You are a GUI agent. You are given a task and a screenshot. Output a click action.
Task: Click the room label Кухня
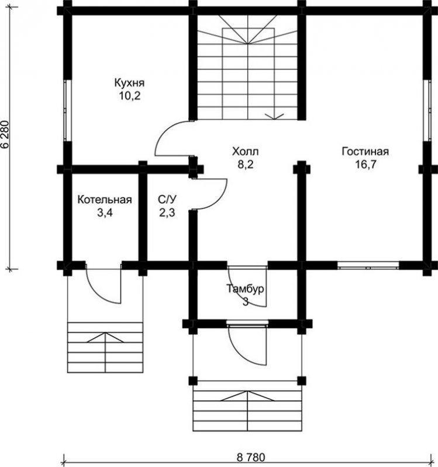[129, 83]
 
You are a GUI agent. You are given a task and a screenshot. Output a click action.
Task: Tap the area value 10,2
[130, 96]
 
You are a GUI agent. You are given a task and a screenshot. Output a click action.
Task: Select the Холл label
[245, 152]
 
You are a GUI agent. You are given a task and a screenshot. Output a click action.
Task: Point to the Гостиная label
[365, 151]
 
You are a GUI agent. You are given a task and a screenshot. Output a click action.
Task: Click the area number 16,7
[366, 164]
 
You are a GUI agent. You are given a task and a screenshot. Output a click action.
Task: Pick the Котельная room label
[105, 200]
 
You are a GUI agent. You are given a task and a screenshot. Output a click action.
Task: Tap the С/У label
[167, 199]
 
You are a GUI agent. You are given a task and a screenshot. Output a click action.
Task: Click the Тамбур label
[245, 289]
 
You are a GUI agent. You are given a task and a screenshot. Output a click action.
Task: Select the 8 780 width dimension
[251, 456]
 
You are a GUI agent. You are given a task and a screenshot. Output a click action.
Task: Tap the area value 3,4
[105, 212]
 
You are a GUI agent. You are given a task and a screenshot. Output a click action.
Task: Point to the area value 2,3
[167, 212]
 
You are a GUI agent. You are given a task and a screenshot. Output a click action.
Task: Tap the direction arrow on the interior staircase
[274, 116]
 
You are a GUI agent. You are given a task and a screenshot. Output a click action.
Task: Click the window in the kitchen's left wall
[68, 110]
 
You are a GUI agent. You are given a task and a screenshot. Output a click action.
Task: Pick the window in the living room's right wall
[427, 110]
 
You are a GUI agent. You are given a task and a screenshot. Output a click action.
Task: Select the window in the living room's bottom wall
[368, 266]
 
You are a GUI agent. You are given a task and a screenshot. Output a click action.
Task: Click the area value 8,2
[245, 165]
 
